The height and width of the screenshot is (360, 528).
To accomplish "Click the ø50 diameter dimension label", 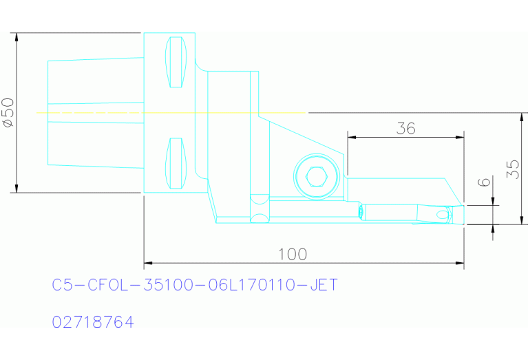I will (8, 112).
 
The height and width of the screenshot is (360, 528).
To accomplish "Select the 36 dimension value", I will (406, 128).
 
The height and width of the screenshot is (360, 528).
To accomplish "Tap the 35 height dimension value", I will (512, 169).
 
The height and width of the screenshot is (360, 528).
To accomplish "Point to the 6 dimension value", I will (484, 183).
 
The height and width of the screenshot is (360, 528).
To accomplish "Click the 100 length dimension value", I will (293, 254).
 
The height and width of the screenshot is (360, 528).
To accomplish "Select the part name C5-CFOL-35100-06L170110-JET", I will (196, 284).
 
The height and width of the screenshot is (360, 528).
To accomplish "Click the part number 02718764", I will (93, 321).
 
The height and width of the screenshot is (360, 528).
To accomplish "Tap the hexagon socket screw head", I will (316, 177).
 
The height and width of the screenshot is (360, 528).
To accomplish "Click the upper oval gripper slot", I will (177, 62).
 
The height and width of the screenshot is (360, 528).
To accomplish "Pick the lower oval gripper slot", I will (177, 163).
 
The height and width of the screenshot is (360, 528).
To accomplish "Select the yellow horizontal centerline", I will (172, 112).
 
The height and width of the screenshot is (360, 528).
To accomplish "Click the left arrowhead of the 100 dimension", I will (147, 263).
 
